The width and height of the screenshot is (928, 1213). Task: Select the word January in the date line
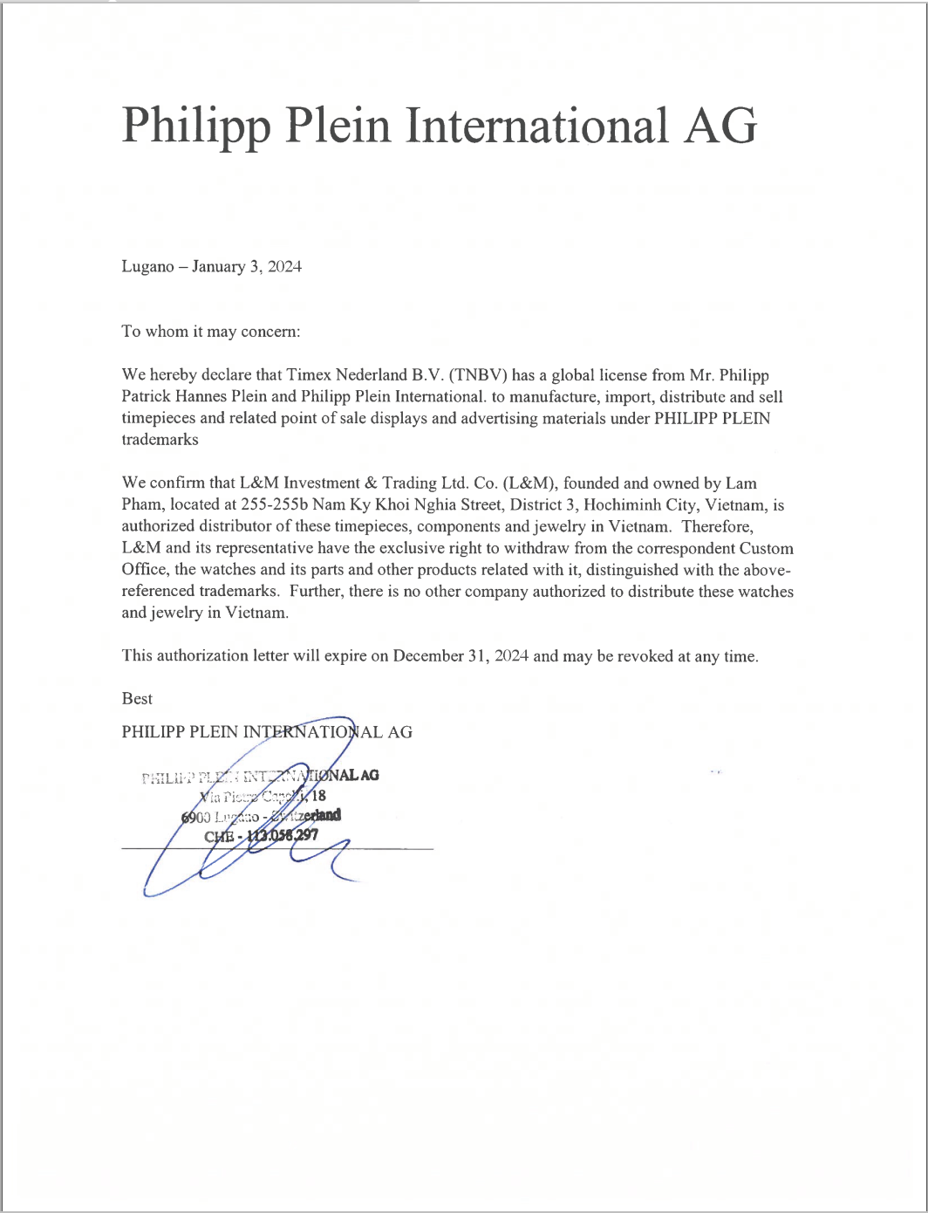[x=219, y=267]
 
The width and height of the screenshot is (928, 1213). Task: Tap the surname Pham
[x=141, y=505]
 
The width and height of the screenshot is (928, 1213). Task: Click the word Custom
[x=767, y=549]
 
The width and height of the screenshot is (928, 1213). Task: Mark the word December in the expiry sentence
[x=428, y=656]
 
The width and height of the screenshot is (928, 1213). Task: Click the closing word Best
[x=137, y=699]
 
